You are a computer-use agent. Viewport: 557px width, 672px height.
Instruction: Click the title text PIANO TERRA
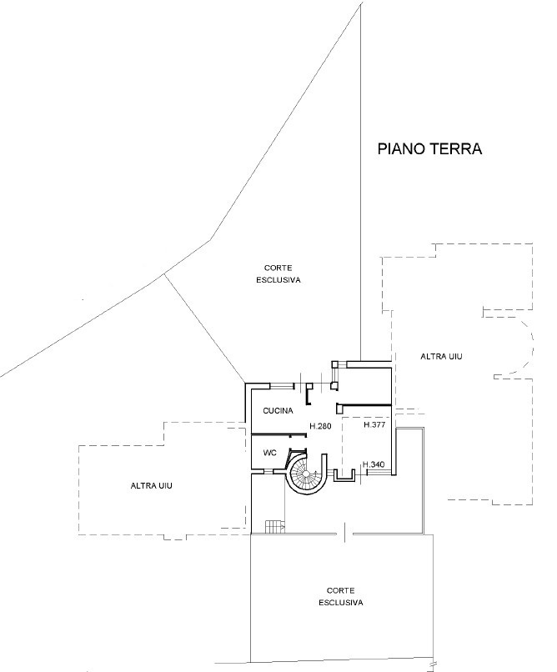point(429,148)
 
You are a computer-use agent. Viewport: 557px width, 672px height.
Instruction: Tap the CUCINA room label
point(278,410)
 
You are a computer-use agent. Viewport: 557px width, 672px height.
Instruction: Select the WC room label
point(270,453)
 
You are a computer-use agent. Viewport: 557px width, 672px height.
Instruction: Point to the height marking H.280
point(320,426)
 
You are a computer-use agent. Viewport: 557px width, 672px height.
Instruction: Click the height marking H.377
point(374,424)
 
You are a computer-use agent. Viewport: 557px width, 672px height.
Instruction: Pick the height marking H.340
point(374,464)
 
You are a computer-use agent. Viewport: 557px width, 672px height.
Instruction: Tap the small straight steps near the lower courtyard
point(274,527)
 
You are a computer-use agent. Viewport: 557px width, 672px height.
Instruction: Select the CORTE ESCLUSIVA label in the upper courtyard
point(278,273)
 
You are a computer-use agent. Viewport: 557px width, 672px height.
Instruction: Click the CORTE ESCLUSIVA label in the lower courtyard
point(341,597)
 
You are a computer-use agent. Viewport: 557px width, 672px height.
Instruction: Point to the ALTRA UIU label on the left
point(151,485)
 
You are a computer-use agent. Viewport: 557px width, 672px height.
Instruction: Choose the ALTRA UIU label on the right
point(441,356)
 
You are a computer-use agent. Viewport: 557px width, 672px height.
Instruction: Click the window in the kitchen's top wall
point(283,386)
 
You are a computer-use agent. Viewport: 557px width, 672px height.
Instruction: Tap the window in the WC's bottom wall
point(268,472)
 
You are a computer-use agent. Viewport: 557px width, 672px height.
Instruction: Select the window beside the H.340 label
point(379,472)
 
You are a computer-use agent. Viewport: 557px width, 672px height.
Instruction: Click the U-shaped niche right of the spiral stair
point(344,476)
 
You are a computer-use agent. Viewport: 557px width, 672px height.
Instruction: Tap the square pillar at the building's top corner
point(335,364)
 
